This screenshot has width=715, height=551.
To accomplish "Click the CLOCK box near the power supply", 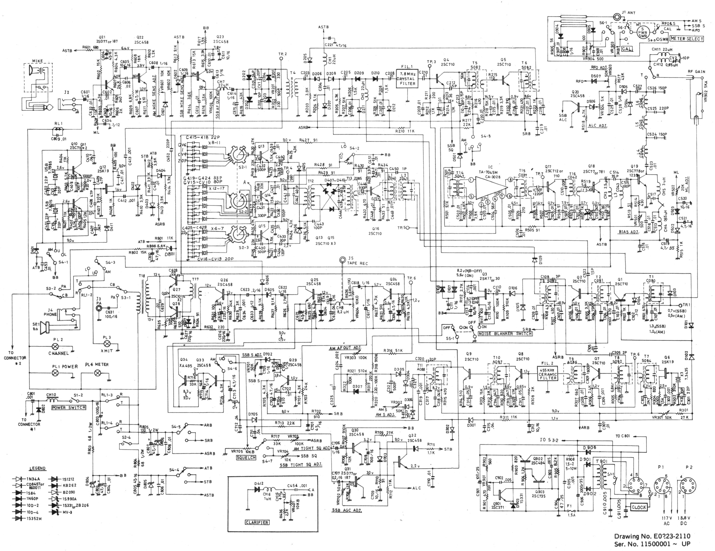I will (638, 507).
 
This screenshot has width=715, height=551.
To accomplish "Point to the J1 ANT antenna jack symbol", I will (617, 16).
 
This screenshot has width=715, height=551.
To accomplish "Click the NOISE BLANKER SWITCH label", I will (505, 333).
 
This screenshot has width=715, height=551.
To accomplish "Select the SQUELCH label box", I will (246, 457).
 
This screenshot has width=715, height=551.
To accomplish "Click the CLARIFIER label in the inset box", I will (257, 522).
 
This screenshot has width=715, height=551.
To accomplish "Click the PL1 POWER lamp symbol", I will (56, 373).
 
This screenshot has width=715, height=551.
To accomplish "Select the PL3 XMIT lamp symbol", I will (107, 343).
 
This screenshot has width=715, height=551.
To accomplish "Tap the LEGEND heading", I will (37, 468).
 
